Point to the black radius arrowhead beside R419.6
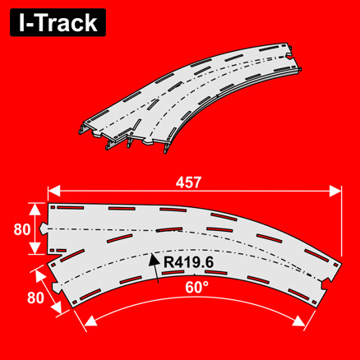(154, 257)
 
